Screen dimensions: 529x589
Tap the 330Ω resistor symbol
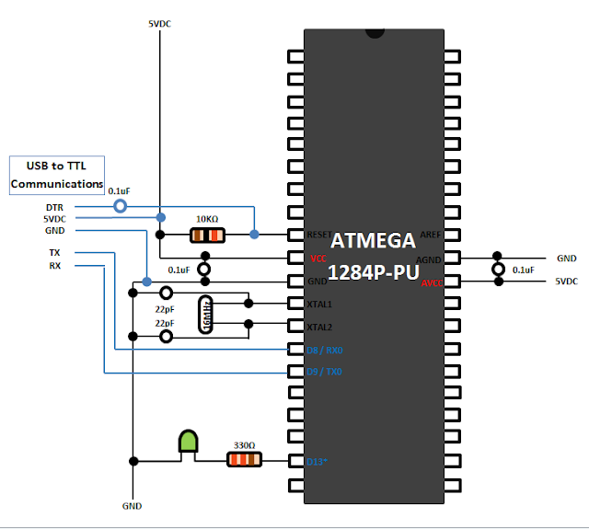point(244,459)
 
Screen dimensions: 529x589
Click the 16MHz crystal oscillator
point(206,313)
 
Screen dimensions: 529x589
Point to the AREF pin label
point(431,236)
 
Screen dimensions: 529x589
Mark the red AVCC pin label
point(432,283)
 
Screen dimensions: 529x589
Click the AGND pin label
point(430,259)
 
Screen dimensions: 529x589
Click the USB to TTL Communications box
point(57,174)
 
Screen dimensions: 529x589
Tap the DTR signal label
point(55,207)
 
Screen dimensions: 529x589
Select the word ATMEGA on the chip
point(374,243)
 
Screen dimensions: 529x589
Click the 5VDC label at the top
point(160,23)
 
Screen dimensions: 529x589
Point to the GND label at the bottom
point(133,506)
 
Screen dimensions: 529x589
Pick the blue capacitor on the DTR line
point(120,207)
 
